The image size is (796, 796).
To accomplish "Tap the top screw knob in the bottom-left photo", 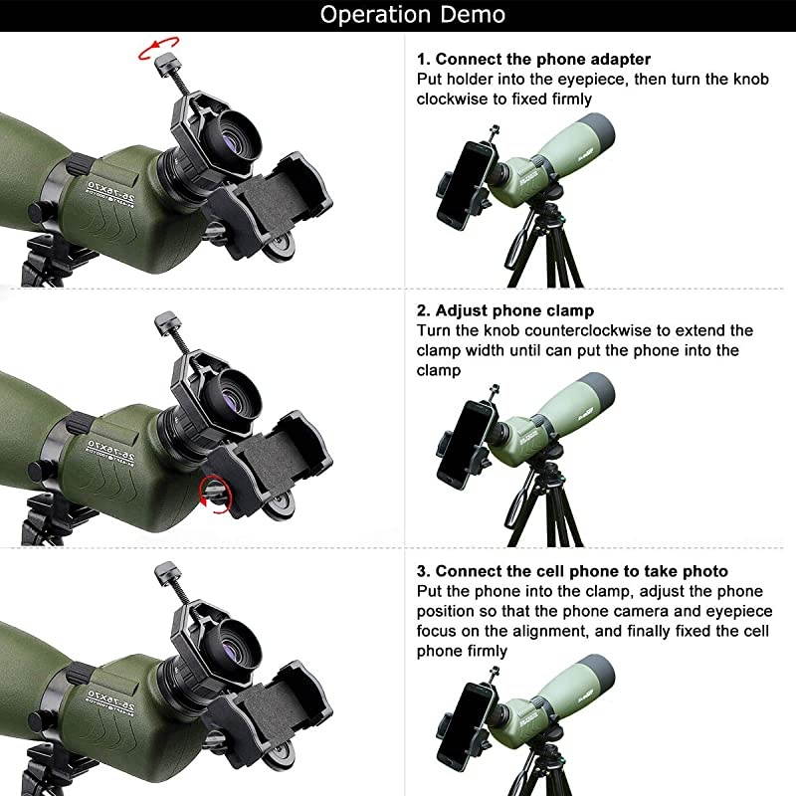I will pyautogui.click(x=163, y=572).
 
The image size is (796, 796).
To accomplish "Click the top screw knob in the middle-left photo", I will pyautogui.click(x=163, y=320).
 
